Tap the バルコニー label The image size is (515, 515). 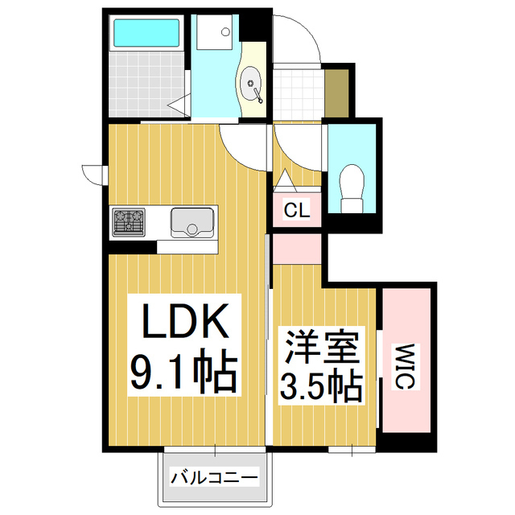(x=214, y=478)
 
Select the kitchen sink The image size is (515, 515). (x=192, y=220)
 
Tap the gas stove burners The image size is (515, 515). (x=128, y=221)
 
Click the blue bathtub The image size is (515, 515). (x=148, y=33)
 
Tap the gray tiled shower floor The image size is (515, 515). (x=148, y=84)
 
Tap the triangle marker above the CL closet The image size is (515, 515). (x=285, y=179)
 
